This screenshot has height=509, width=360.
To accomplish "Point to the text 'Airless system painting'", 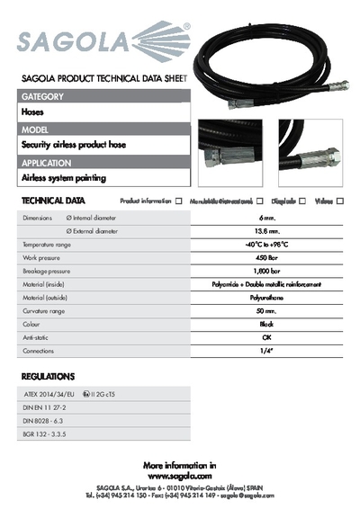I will [63, 178].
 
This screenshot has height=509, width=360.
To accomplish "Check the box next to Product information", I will [179, 201].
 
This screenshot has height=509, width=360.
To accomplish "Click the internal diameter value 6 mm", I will [266, 219].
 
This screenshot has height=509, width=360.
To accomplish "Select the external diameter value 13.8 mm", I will [266, 231].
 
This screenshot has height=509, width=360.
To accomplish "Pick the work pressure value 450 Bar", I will [266, 257].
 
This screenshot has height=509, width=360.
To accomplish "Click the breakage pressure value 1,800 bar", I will [266, 270].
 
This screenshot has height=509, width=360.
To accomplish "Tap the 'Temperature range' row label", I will [47, 245].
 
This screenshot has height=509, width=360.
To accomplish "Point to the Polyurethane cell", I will [266, 296].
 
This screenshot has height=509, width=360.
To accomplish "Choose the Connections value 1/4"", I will [266, 350].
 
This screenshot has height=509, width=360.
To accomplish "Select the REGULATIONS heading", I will [48, 376].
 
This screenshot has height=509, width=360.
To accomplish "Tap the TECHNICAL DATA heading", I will [53, 201].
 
